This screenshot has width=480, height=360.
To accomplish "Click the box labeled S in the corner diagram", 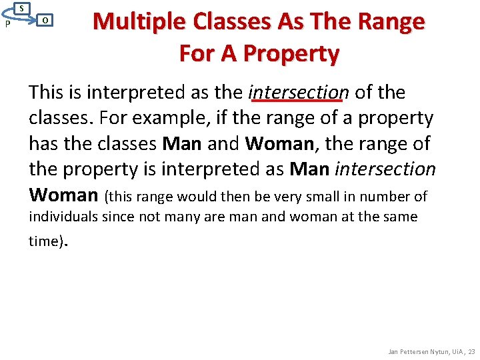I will click(x=22, y=8).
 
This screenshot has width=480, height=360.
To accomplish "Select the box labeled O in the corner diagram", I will click(x=44, y=20).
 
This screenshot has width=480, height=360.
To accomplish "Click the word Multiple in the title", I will click(x=141, y=21).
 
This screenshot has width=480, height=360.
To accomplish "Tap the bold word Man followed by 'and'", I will click(x=182, y=143).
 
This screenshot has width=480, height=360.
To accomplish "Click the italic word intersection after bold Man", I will click(x=385, y=169).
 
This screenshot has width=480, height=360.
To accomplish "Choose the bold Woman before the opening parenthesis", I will click(x=63, y=195).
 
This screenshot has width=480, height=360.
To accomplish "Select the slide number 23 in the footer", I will click(x=471, y=351).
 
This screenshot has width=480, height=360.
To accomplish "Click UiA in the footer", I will click(x=454, y=351).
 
